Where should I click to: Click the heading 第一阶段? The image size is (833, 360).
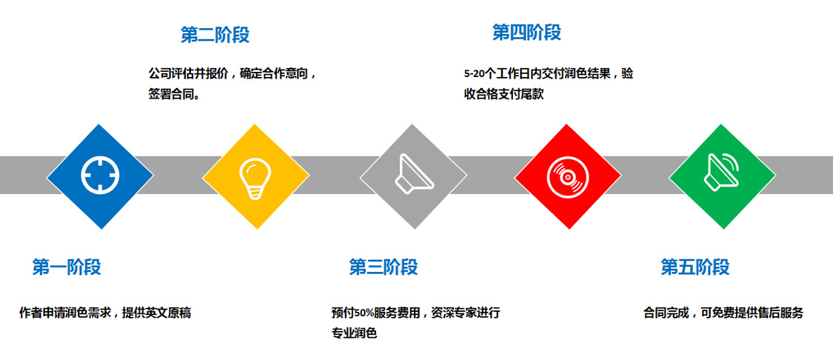[x=67, y=267]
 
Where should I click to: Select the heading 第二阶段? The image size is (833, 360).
[x=215, y=35]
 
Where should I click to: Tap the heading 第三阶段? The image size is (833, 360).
[x=383, y=267]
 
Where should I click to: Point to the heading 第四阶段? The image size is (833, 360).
[x=526, y=32]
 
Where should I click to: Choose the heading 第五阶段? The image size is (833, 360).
[x=695, y=267]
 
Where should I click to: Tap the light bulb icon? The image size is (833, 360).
[x=255, y=178]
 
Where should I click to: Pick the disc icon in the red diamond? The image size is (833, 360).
[x=567, y=176]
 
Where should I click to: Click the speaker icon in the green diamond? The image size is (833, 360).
[x=723, y=170]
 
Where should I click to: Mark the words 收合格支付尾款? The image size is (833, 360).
[x=504, y=95]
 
